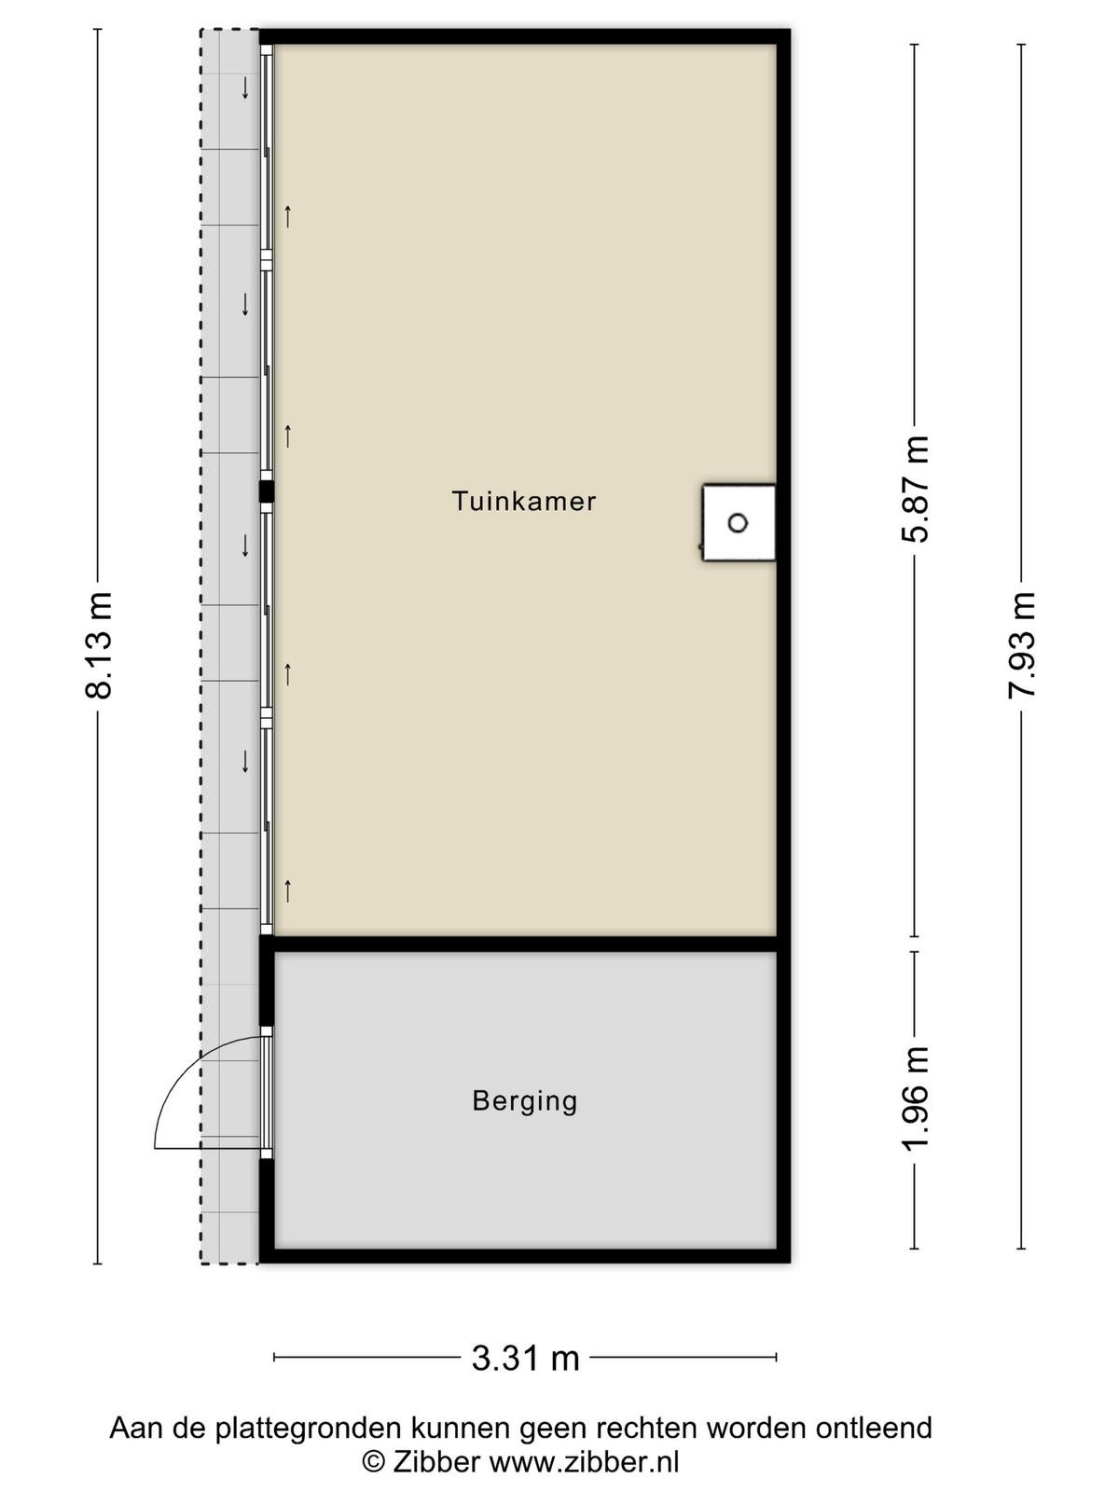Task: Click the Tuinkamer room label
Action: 524,501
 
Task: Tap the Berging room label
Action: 524,1100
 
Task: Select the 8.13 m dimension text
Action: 99,645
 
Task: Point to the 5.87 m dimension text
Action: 915,489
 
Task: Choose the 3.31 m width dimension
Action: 525,1358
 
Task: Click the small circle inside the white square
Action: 738,523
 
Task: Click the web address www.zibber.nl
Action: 585,1461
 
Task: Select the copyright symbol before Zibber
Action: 374,1461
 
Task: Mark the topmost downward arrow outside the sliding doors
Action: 245,88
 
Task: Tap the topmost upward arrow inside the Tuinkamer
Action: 288,216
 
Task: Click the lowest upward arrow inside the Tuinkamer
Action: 288,891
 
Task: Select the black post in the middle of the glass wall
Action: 267,490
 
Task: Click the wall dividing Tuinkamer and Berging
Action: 524,944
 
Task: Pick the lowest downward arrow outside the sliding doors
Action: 245,761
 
